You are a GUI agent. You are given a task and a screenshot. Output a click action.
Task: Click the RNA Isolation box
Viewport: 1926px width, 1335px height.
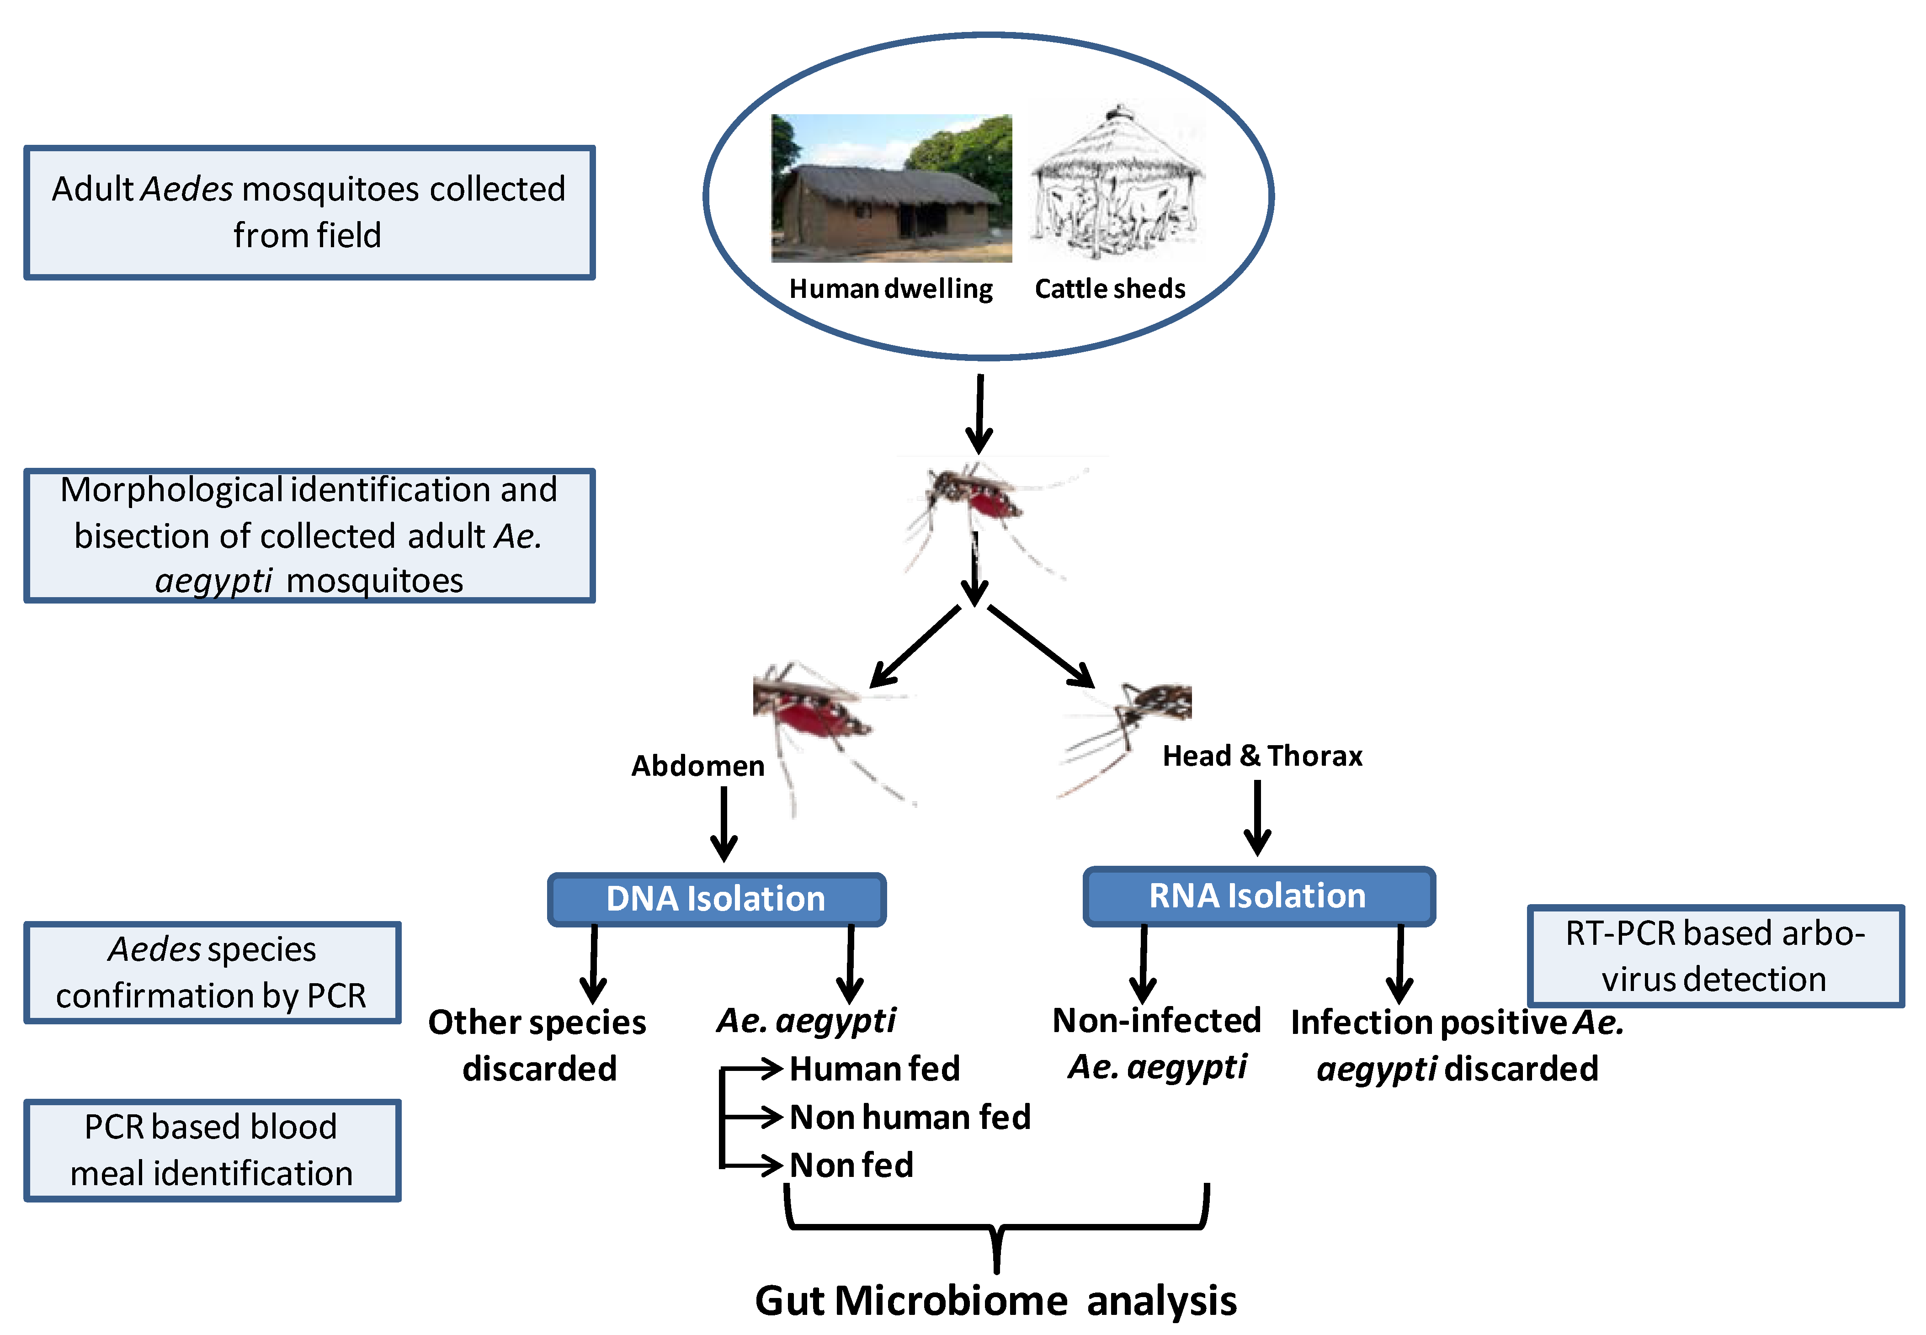[x=1257, y=896]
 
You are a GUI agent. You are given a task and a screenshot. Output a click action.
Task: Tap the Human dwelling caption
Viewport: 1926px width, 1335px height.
[x=890, y=289]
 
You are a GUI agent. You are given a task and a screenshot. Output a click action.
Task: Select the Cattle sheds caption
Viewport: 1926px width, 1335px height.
[x=1109, y=289]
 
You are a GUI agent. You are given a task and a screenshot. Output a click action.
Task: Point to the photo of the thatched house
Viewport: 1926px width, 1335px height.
[x=891, y=188]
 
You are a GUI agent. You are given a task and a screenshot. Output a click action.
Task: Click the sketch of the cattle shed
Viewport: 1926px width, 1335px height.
[x=1115, y=184]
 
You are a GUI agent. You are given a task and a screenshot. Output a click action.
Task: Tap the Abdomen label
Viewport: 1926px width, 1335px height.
[x=697, y=765]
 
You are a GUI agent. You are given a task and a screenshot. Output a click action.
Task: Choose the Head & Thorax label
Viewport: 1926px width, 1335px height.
[x=1262, y=755]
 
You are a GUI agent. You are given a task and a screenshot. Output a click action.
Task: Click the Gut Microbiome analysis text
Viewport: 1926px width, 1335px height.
[x=995, y=1301]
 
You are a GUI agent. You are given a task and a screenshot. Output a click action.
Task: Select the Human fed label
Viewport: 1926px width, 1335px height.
[x=874, y=1069]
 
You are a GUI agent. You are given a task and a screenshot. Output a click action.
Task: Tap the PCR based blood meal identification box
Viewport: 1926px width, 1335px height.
[x=212, y=1150]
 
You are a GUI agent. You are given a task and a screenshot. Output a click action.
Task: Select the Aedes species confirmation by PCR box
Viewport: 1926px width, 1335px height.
[x=212, y=972]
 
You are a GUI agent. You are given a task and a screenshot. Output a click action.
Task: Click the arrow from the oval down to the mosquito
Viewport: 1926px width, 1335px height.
[x=979, y=414]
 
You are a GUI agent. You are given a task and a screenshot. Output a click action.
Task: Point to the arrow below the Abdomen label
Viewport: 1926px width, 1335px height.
[x=724, y=824]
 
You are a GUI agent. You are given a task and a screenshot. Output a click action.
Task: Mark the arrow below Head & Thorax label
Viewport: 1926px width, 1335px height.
[x=1257, y=818]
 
